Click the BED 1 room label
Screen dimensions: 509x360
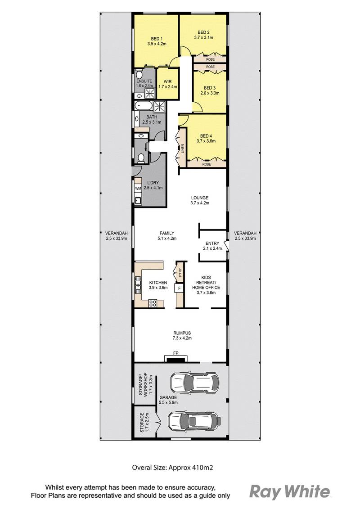coord(157,38)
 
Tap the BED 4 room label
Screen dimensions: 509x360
coord(206,135)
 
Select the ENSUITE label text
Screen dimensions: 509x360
coord(144,81)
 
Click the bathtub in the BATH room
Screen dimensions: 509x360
coord(144,106)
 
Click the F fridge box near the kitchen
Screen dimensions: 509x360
coord(180,288)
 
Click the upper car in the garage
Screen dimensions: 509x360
coord(194,383)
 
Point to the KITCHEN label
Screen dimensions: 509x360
coord(158,282)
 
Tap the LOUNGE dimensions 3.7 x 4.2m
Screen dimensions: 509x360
coord(200,203)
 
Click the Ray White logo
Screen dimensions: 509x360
coord(289,491)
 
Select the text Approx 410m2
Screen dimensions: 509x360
coord(194,468)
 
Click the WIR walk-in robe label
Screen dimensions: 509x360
coord(168,81)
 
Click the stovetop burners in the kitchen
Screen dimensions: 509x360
coord(153,302)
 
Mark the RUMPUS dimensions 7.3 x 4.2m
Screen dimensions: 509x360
coord(180,338)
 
